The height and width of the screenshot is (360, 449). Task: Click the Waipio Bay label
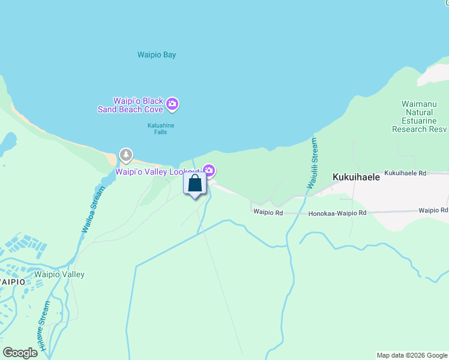point(157,55)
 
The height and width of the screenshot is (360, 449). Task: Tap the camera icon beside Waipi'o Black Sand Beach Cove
point(173,105)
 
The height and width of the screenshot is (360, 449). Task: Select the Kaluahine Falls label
point(157,128)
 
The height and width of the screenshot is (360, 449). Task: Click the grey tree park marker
point(125,155)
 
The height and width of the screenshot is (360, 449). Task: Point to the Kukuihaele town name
point(356,178)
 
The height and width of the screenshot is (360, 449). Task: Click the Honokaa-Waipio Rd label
point(337,214)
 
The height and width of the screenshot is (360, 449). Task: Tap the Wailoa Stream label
point(94,210)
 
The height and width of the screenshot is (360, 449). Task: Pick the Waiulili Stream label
point(312,163)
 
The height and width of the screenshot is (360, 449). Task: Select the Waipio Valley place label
point(59,275)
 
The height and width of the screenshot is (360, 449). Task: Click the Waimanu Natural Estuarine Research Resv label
point(419,116)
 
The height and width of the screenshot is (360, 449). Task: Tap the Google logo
point(20,353)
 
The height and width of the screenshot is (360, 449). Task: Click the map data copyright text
point(412,355)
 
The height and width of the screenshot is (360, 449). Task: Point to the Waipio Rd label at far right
point(433,211)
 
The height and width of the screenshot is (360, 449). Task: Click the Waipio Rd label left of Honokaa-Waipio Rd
point(268,212)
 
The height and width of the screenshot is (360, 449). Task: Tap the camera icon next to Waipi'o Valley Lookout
point(208,170)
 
